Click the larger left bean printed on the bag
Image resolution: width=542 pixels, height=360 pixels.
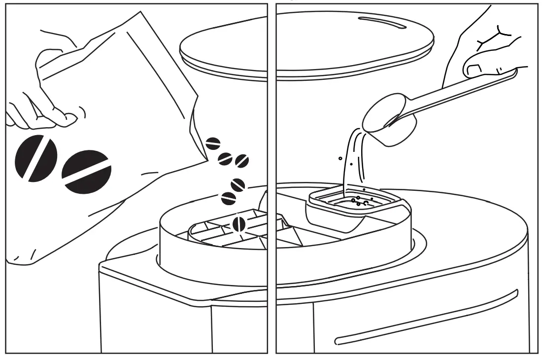(x=35, y=159)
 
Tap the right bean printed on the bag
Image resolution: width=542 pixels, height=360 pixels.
(x=86, y=172)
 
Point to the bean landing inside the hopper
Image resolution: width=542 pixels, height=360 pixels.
(x=239, y=223)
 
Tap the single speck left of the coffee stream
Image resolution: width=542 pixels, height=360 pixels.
(x=339, y=158)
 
